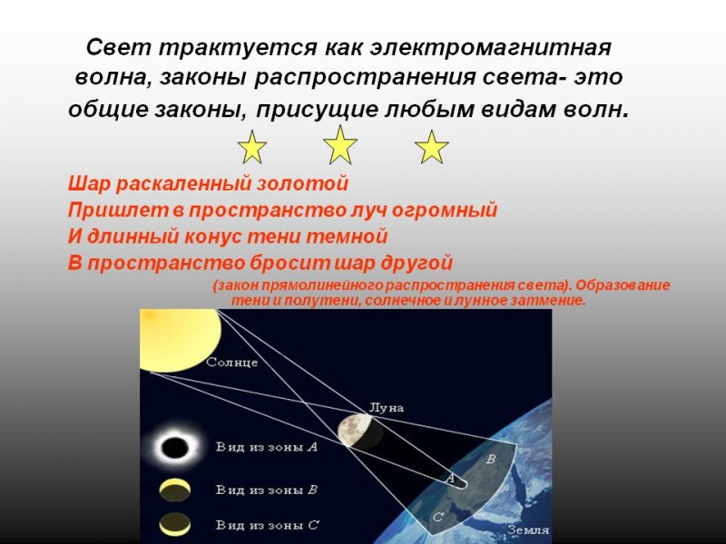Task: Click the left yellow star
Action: pos(251,147)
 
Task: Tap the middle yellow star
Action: pos(340,145)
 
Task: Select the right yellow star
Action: pos(432,147)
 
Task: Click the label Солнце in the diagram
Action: pos(232,363)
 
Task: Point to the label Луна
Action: pos(386,408)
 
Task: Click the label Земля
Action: pos(527,529)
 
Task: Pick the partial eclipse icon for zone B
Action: pos(174,491)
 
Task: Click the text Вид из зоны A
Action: pos(266,447)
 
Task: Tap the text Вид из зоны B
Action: pos(266,490)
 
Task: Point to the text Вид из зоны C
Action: pos(266,525)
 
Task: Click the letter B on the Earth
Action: pos(491,460)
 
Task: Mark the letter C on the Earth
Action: pos(437,518)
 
